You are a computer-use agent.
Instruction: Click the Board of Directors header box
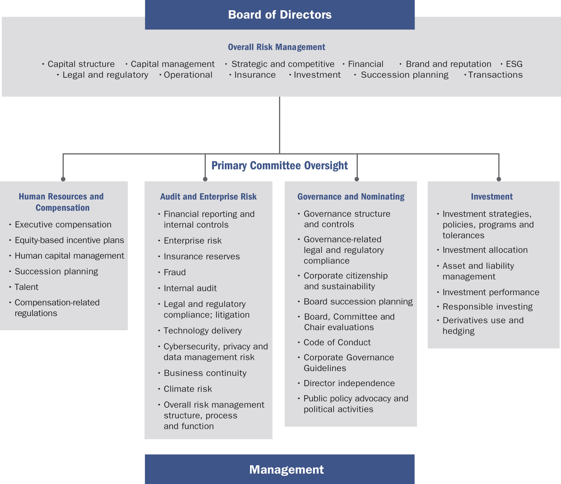coord(280,15)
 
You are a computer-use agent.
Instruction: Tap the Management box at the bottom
coord(280,469)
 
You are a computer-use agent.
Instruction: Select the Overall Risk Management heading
coord(276,47)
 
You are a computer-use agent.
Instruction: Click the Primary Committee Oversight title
coord(279,166)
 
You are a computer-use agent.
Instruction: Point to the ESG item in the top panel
coord(514,64)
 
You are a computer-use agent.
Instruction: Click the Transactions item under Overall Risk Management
coord(495,75)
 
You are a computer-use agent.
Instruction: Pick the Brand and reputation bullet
coord(448,64)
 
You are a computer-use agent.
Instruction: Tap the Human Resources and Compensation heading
coord(61,202)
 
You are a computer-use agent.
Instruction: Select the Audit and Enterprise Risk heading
coord(208,196)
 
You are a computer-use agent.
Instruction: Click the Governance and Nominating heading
coord(351,196)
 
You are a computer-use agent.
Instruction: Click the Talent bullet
coord(26,287)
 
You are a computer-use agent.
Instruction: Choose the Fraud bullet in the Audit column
coord(175,272)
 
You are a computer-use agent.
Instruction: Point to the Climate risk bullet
coord(188,389)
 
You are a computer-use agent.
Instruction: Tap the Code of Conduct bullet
coord(337,343)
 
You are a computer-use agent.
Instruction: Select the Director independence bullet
coord(349,383)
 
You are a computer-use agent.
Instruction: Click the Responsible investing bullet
coord(487,307)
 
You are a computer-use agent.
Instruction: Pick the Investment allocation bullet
coord(485,250)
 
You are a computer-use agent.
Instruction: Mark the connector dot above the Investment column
coord(499,179)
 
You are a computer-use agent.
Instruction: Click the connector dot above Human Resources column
coord(63,179)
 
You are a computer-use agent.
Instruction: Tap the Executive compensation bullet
coord(63,225)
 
